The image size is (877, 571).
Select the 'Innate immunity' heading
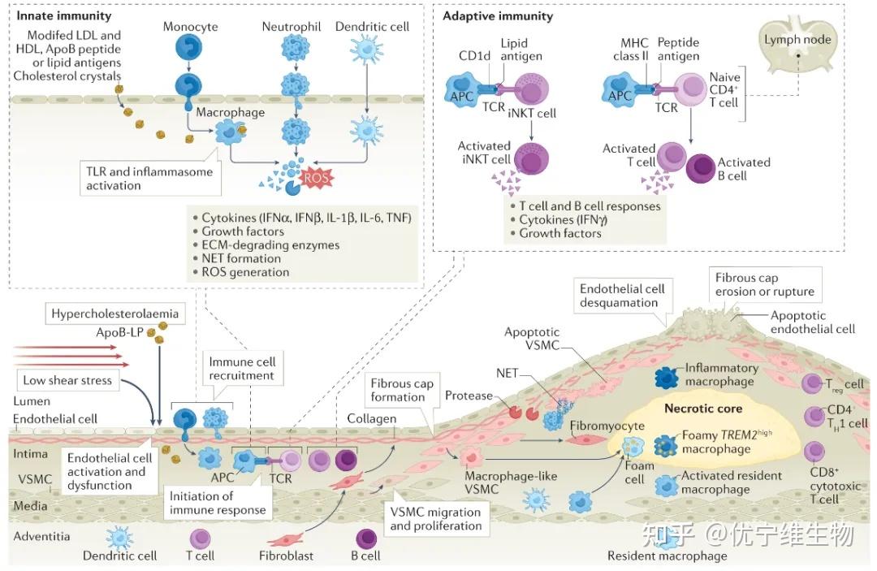click(x=64, y=15)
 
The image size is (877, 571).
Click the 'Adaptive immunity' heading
click(x=498, y=15)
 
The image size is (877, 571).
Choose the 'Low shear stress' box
click(x=67, y=380)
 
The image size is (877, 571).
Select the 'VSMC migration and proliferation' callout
click(x=435, y=519)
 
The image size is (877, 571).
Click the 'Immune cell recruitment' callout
click(x=242, y=369)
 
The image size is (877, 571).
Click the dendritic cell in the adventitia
click(x=119, y=538)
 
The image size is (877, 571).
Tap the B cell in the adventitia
click(x=367, y=538)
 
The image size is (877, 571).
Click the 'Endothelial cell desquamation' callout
click(x=622, y=296)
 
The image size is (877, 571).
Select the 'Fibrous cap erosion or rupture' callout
click(x=764, y=285)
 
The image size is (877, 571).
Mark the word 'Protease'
click(x=469, y=396)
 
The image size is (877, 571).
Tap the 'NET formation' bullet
click(x=240, y=258)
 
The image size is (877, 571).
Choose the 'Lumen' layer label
click(x=32, y=401)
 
